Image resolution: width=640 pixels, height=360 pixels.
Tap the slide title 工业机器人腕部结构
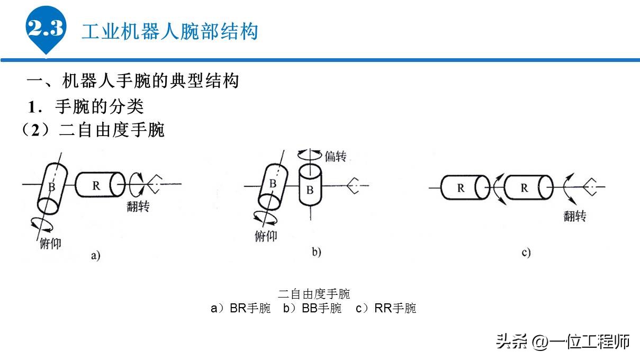169,31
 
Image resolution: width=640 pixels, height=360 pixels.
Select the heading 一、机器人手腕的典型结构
133,81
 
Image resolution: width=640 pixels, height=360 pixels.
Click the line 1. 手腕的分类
86,106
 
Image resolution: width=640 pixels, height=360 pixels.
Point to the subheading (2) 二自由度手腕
93,130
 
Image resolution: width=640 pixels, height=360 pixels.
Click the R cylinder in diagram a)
99,185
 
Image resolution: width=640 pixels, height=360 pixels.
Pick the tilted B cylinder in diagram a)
52,187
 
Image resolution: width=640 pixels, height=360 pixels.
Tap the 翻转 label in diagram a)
138,206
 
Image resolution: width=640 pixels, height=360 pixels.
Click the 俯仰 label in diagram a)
51,245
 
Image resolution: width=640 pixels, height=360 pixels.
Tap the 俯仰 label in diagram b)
266,236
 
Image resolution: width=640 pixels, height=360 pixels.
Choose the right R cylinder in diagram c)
527,187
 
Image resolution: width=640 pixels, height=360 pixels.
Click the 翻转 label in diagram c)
574,216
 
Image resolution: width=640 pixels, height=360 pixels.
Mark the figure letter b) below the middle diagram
316,253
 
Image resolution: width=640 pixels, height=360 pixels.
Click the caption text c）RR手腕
386,309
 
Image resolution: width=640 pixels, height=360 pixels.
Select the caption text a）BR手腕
241,309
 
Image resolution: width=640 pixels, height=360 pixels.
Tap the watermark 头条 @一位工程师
563,341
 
